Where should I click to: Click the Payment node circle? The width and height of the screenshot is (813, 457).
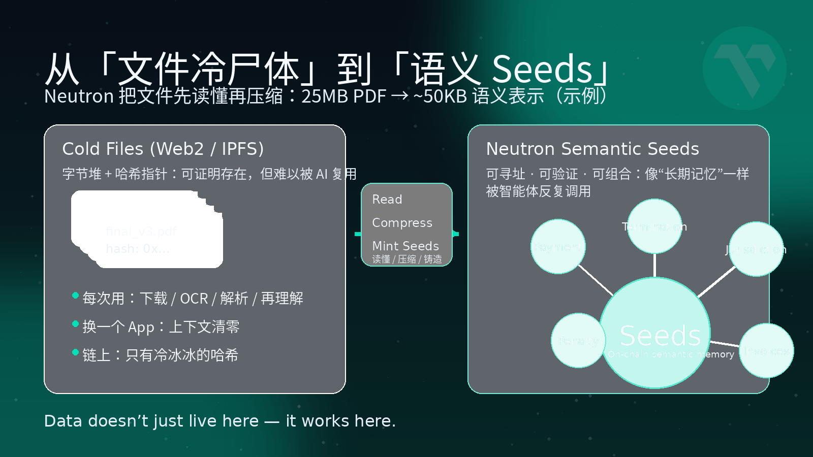558,247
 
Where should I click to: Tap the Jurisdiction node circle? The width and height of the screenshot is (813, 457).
756,249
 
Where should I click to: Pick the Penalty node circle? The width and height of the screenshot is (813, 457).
578,341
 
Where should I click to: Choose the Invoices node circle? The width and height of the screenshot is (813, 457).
766,351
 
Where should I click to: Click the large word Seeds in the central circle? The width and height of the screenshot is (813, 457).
660,336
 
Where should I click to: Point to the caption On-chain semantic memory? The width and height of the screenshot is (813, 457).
671,354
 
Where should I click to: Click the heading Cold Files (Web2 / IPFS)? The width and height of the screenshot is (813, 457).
163,149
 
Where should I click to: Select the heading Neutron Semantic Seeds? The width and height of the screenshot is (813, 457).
592,149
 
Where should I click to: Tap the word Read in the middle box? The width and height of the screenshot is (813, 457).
387,200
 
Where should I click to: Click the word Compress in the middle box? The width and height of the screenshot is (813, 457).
402,223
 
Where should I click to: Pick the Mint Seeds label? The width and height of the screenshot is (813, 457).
405,246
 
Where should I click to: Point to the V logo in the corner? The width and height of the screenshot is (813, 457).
745,69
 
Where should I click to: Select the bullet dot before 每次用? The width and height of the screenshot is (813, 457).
76,296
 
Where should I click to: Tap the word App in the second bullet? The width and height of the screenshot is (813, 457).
141,328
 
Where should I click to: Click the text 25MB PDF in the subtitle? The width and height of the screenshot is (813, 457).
343,96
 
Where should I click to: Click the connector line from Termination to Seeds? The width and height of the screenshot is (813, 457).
654,265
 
